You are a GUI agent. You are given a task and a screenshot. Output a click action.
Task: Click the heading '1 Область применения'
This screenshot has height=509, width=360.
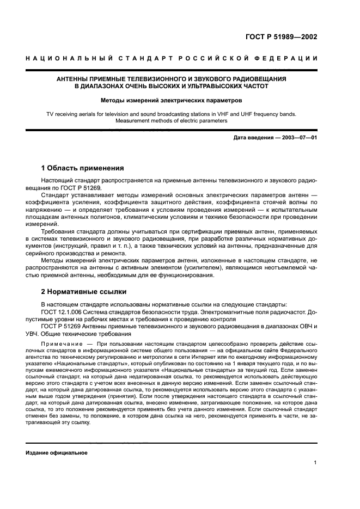coord(83,168)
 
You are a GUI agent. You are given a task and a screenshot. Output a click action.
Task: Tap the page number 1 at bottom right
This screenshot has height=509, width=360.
coord(315,463)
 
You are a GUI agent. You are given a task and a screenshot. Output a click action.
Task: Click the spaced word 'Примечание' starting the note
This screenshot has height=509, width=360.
coord(59,345)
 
